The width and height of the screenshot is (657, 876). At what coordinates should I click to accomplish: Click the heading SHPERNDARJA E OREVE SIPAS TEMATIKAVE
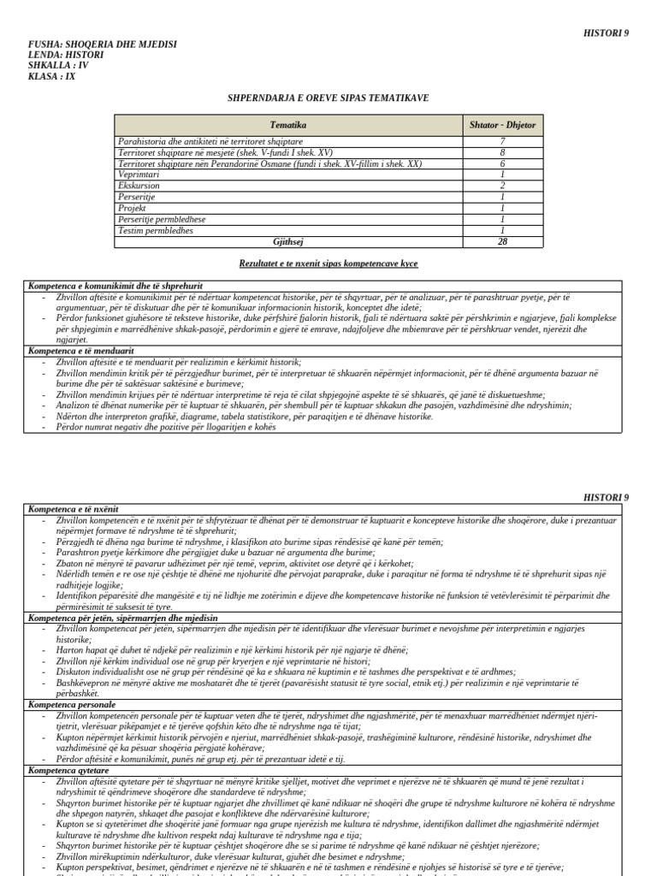(328, 98)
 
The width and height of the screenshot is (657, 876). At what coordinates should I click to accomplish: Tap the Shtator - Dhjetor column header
(502, 125)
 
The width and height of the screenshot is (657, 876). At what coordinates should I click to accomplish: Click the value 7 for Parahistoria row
(502, 140)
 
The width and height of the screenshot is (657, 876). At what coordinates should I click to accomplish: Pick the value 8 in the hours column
(502, 151)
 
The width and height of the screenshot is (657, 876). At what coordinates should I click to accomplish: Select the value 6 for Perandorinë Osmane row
(502, 163)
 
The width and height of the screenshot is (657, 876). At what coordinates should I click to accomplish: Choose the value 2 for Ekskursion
(502, 185)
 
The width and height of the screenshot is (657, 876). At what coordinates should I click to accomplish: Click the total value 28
(502, 241)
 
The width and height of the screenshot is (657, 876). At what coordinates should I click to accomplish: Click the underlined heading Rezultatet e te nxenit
(328, 264)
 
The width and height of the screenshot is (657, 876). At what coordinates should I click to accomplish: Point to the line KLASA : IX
(52, 77)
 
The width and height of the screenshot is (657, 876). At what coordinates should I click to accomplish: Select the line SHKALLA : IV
(57, 65)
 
